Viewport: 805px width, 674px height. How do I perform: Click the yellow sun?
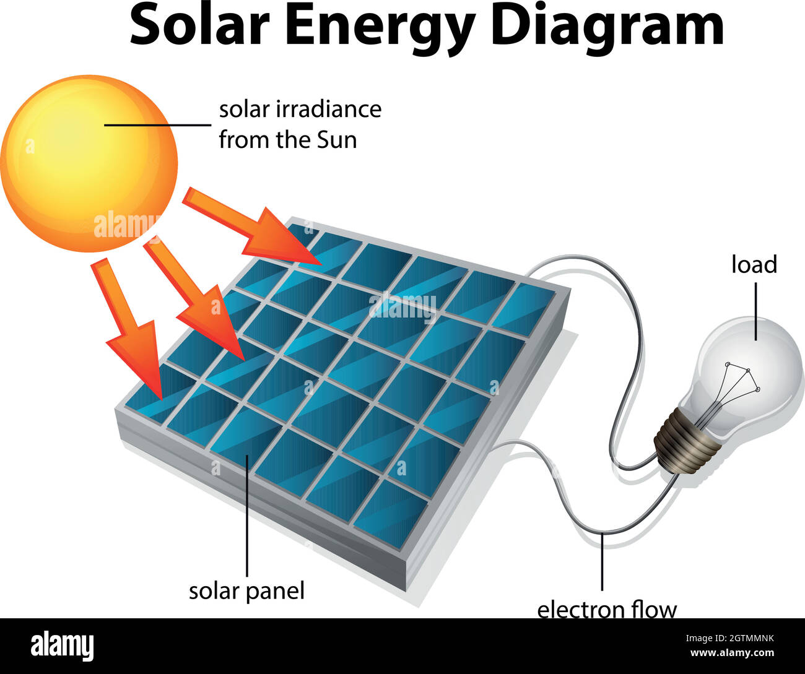point(89,163)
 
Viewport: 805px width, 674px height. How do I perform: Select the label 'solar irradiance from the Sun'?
point(300,124)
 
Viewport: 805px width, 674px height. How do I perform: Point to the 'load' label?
point(754,265)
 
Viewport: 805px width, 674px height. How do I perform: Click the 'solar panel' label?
point(246,591)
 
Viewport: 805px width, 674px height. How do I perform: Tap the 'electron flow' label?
point(606,610)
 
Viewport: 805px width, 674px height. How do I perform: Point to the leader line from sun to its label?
point(158,124)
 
